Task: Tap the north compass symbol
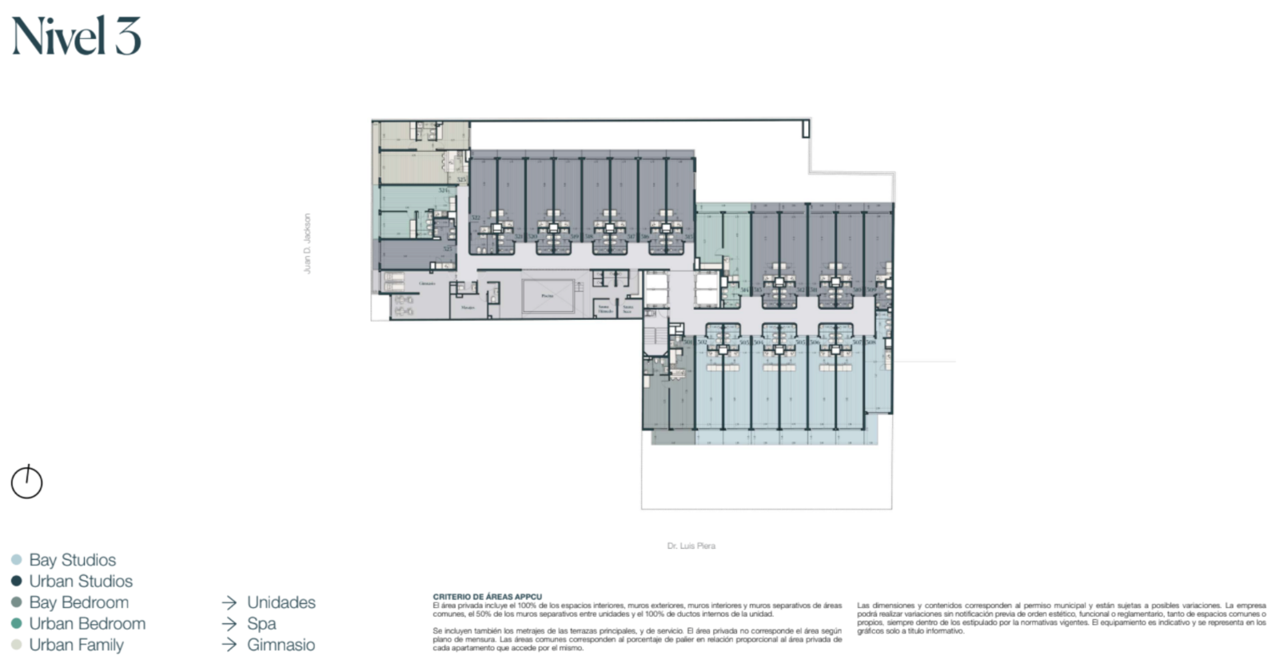[x=26, y=482]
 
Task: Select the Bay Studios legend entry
[x=72, y=560]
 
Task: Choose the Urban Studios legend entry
[x=81, y=582]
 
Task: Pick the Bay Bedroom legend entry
[x=78, y=602]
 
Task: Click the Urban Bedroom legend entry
[x=87, y=624]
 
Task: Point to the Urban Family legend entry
[x=76, y=645]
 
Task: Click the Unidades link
[x=281, y=602]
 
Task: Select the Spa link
[x=261, y=624]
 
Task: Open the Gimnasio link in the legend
[x=281, y=645]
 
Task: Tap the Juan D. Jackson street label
[x=306, y=243]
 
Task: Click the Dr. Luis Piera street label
[x=691, y=546]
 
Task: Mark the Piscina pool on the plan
[x=548, y=296]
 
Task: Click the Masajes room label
[x=468, y=307]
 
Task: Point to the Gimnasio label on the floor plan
[x=427, y=284]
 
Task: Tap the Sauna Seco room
[x=628, y=308]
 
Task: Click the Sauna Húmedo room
[x=605, y=308]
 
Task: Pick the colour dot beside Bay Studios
[x=16, y=560]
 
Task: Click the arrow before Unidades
[x=229, y=602]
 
